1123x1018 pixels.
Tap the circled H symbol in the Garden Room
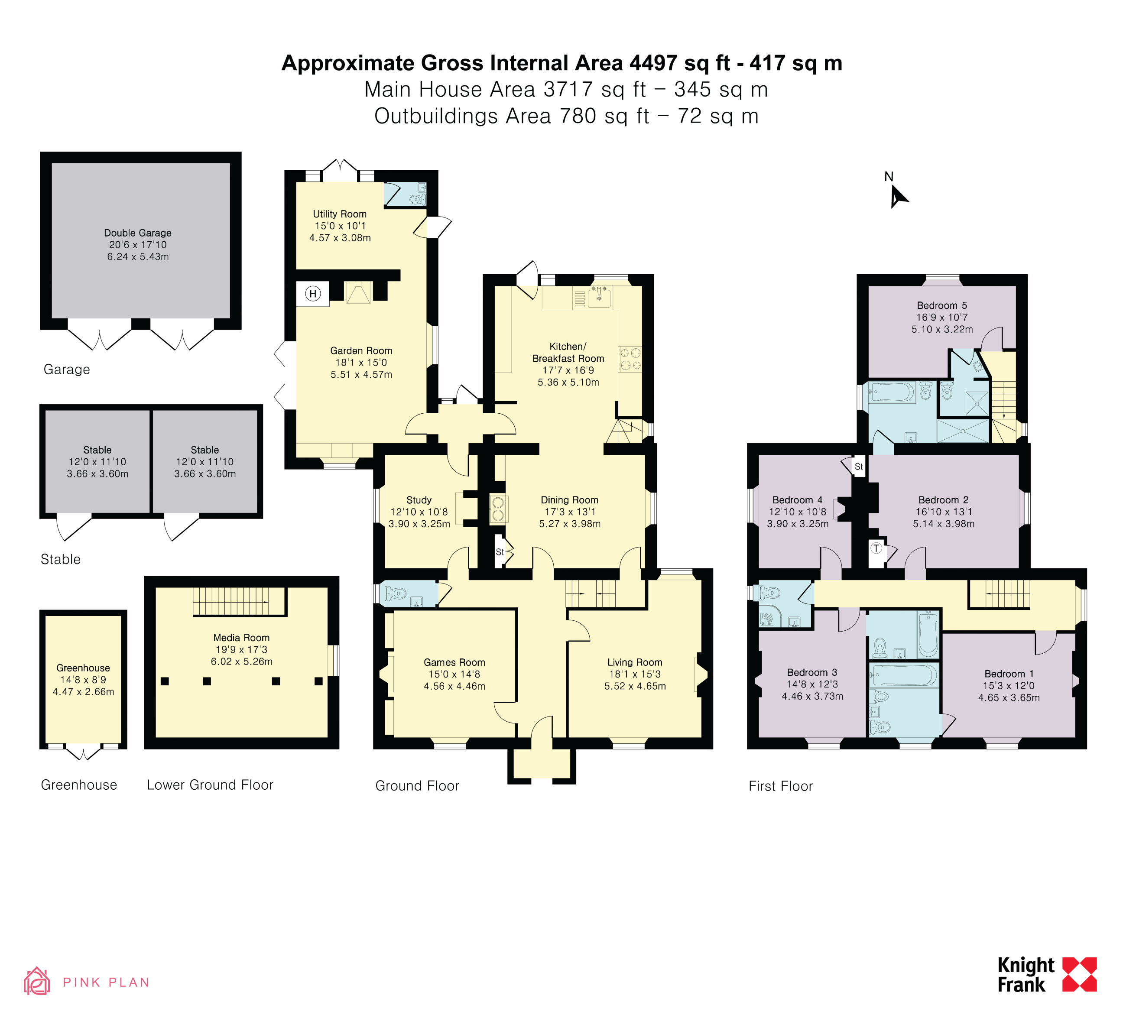(313, 293)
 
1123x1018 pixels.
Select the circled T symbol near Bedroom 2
(876, 548)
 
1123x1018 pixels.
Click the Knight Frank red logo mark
(1080, 975)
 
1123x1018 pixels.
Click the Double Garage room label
(138, 233)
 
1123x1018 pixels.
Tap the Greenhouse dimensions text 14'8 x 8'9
(83, 679)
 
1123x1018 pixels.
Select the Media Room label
(241, 638)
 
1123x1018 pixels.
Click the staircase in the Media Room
(239, 601)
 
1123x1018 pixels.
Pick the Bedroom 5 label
(942, 305)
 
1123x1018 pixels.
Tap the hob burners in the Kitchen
(630, 359)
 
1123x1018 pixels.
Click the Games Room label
(454, 662)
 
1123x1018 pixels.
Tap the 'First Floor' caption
(780, 786)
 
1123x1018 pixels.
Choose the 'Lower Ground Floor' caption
(210, 785)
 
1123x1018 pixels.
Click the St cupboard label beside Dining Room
(500, 552)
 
